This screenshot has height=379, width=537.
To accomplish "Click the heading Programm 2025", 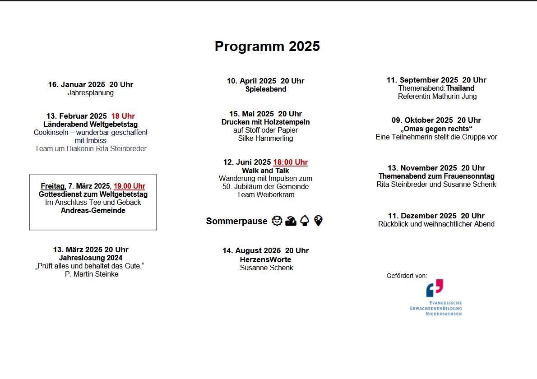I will coord(267,46).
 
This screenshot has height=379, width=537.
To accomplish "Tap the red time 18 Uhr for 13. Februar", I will coord(123,116).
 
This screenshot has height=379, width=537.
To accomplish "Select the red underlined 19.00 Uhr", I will coord(130,186).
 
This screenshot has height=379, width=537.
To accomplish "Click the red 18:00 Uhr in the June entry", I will coord(291,162).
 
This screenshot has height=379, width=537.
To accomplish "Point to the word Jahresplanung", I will coord(91,93).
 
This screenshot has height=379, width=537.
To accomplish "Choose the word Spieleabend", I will coord(266,89).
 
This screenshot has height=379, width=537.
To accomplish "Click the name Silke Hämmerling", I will coord(266,139).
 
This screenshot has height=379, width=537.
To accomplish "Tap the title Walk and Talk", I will coord(266,171).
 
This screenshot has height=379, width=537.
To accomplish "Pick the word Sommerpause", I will coord(237,221).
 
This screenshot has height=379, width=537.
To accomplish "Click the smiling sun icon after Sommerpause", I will coord(277,221).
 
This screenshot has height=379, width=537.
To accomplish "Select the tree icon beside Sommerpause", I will coord(305,221).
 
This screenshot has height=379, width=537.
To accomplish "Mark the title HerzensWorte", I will coord(266,259).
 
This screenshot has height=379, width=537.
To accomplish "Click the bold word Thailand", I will coord(460,88).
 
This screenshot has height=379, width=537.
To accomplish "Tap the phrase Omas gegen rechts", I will coord(436,129).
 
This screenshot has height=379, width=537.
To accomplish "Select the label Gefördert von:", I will coord(407,276).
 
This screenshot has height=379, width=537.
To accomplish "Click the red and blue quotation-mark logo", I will coord(435,288).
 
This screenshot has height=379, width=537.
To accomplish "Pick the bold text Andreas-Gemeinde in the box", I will coord(93,211).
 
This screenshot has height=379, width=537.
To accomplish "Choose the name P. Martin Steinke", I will coord(92,274).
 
